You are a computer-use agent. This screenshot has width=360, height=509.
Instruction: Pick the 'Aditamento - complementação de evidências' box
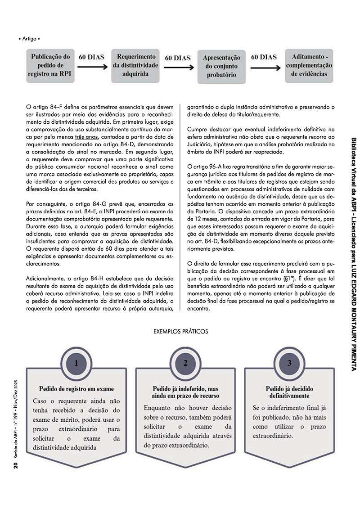[309, 65]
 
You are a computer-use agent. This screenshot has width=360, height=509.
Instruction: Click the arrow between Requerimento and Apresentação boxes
[177, 68]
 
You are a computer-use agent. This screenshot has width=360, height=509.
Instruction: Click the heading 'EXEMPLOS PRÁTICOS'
[181, 331]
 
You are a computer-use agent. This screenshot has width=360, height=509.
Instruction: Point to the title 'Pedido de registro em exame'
[76, 388]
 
